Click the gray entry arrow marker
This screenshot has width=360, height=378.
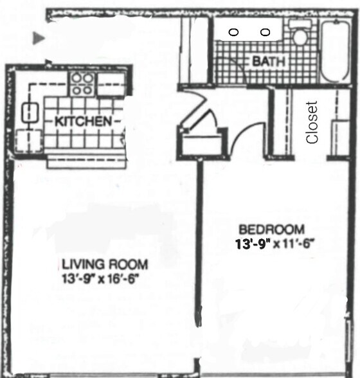click(x=39, y=39)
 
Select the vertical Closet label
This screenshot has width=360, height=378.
click(x=312, y=122)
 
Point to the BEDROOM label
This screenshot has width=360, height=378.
click(x=271, y=230)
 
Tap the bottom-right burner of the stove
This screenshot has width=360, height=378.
click(x=87, y=90)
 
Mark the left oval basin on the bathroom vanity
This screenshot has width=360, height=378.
click(x=234, y=32)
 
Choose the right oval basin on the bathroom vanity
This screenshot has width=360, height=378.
click(x=264, y=32)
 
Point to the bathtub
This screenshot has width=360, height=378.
click(x=335, y=52)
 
